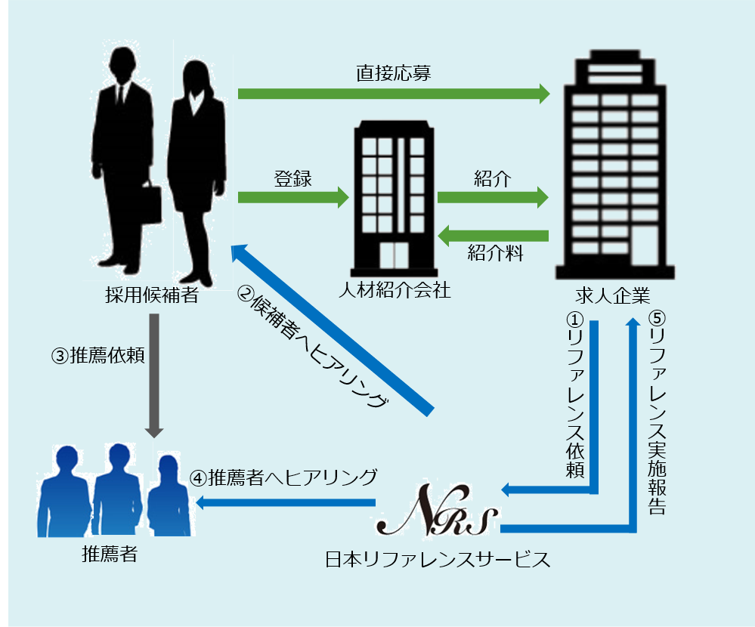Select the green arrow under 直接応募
(x=393, y=94)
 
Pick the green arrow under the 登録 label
(x=293, y=198)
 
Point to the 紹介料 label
(x=495, y=253)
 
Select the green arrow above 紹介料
(x=494, y=236)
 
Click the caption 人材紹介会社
(x=395, y=291)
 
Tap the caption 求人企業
(x=612, y=295)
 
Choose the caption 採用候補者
(x=151, y=295)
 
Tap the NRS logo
(x=437, y=516)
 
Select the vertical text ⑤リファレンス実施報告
(x=656, y=412)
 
